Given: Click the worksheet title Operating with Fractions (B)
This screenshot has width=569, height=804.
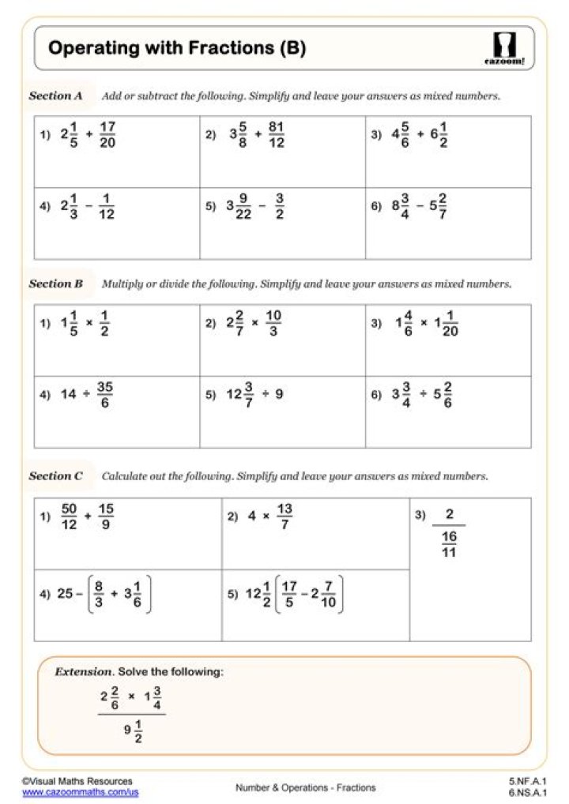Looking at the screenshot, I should coord(177,49).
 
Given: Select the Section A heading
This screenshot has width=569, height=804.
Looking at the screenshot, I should coord(56,96).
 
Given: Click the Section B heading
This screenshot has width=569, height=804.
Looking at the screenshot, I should coord(56,284).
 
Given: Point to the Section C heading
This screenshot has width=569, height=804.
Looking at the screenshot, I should coord(56,476).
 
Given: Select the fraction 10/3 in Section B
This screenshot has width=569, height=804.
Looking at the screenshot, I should coord(273,324).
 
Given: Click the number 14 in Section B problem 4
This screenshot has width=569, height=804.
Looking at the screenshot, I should coord(69,394).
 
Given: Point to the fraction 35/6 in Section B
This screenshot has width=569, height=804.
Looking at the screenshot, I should coord(104,394).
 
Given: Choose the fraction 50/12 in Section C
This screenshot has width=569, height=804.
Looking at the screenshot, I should coord(69,517).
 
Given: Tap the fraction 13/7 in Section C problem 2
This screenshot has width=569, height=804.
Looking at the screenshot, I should coord(284,517).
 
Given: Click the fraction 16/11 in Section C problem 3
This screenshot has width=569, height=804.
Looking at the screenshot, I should coord(449,544).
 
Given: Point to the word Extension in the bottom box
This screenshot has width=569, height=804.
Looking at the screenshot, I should coord(83,672).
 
